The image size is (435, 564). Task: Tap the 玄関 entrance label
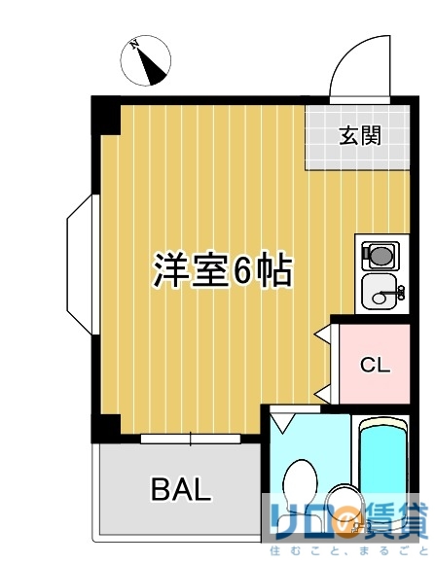point(359,136)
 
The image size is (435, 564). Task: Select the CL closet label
point(375,366)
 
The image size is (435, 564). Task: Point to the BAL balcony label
point(181,489)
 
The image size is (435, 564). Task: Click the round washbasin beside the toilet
point(342,502)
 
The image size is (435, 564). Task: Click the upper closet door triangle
point(322,334)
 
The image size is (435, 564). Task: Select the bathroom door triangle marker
point(283,423)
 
